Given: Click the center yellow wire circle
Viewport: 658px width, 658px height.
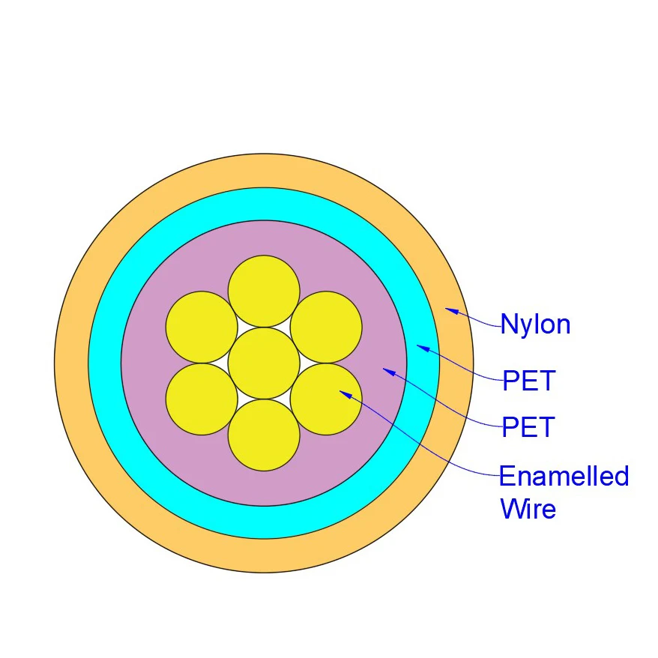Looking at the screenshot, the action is pyautogui.click(x=264, y=363).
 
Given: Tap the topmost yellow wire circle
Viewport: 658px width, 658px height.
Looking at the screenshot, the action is pyautogui.click(x=264, y=291).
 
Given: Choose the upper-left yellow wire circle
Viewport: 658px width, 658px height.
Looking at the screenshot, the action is pyautogui.click(x=202, y=327).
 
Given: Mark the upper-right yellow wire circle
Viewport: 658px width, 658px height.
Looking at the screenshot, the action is pyautogui.click(x=326, y=327).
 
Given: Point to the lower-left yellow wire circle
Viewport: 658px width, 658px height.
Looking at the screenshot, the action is pyautogui.click(x=202, y=399).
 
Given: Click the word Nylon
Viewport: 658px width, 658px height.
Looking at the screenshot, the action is pyautogui.click(x=535, y=325).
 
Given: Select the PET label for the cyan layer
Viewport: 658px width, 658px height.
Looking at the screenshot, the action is pyautogui.click(x=528, y=381).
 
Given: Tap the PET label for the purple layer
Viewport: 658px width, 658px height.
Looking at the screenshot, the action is pyautogui.click(x=528, y=427).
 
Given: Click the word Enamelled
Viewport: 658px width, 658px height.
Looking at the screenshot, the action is pyautogui.click(x=564, y=476).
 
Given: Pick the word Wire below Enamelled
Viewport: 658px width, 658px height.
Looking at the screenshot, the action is pyautogui.click(x=528, y=509).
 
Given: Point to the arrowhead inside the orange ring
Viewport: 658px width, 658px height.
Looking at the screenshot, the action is pyautogui.click(x=450, y=310).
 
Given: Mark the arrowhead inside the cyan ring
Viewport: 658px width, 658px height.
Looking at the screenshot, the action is pyautogui.click(x=422, y=347).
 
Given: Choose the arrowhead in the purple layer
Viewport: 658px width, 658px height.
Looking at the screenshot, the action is pyautogui.click(x=387, y=370).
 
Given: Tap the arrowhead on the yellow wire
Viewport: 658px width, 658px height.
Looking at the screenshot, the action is pyautogui.click(x=345, y=393).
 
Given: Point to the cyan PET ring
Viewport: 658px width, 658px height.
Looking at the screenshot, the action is pyautogui.click(x=105, y=363).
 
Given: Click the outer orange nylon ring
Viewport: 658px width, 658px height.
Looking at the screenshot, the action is pyautogui.click(x=71, y=363).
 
